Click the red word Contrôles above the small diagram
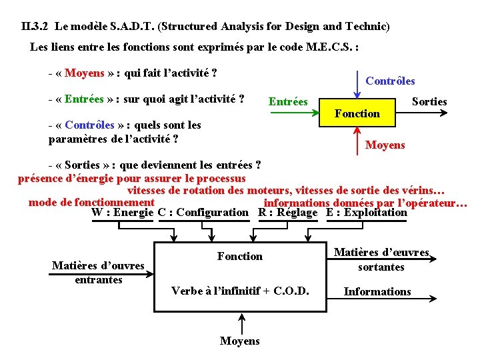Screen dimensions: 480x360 pyautogui.click(x=390, y=81)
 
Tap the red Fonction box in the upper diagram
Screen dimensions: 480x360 pyautogui.click(x=357, y=113)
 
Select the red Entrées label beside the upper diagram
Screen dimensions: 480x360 pyautogui.click(x=287, y=101)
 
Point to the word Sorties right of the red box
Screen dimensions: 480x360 pyautogui.click(x=429, y=101)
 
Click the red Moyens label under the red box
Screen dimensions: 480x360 pyautogui.click(x=385, y=145)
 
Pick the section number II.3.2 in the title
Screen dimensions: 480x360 pyautogui.click(x=35, y=27)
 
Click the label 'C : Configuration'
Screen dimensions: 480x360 pyautogui.click(x=203, y=213)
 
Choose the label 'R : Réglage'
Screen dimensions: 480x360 pyautogui.click(x=288, y=213)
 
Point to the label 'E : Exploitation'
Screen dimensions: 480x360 pyautogui.click(x=367, y=213)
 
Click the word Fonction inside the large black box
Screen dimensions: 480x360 pyautogui.click(x=240, y=256)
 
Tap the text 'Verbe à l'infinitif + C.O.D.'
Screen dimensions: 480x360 pyautogui.click(x=240, y=291)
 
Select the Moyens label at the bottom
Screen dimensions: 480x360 pyautogui.click(x=240, y=341)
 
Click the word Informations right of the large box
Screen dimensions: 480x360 pyautogui.click(x=377, y=291)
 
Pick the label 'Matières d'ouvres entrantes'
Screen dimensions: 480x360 pyautogui.click(x=98, y=273)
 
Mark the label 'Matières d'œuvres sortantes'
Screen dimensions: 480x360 pyautogui.click(x=381, y=259)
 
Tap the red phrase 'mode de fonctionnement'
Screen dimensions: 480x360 pyautogui.click(x=91, y=202)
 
